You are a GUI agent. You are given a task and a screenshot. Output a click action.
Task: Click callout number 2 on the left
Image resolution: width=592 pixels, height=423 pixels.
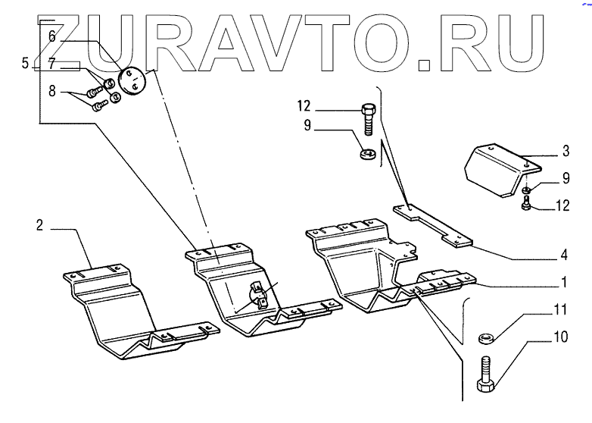coord(39,224)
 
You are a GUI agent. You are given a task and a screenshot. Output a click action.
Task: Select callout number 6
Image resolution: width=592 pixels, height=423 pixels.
coord(52,36)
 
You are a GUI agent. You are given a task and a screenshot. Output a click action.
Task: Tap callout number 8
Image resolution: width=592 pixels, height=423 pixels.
coord(51,92)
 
